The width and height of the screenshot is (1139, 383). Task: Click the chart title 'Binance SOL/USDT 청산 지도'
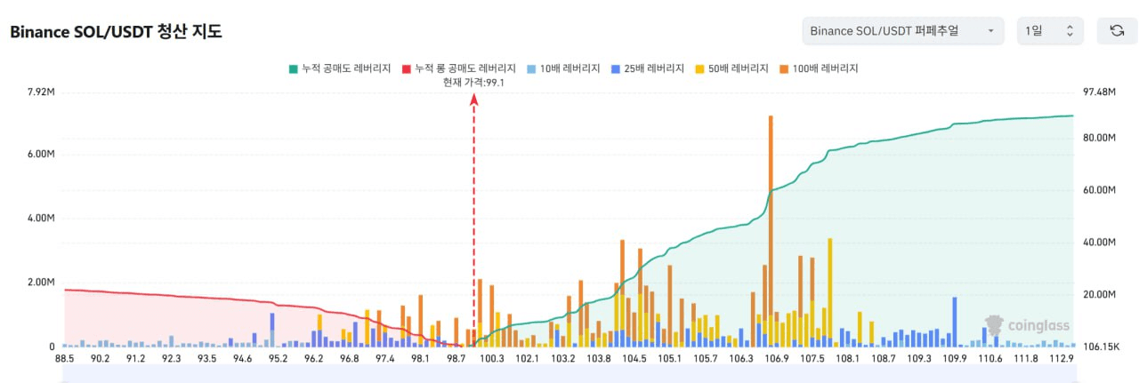tap(116, 32)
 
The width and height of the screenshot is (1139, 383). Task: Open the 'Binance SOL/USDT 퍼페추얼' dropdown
tap(902, 31)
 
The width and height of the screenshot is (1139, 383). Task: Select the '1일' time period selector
tap(1050, 31)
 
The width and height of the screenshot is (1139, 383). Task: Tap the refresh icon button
tap(1117, 31)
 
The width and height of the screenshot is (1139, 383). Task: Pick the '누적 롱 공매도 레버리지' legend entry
tap(459, 68)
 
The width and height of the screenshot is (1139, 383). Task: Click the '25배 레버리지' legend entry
tap(647, 68)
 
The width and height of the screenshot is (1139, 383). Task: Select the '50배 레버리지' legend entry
tap(731, 68)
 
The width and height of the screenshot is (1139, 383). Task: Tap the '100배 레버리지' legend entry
tap(819, 68)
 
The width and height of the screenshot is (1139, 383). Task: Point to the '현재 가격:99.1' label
tap(474, 82)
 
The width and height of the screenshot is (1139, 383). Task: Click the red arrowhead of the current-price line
tap(474, 101)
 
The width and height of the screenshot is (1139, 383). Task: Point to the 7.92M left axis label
tap(42, 92)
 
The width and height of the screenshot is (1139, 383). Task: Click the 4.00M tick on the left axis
tap(42, 219)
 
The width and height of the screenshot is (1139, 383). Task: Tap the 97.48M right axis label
tap(1100, 92)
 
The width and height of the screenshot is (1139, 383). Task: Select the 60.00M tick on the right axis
tap(1100, 190)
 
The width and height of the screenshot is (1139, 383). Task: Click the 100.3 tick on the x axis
tap(492, 358)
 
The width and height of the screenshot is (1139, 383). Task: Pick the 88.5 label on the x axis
tap(64, 358)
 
